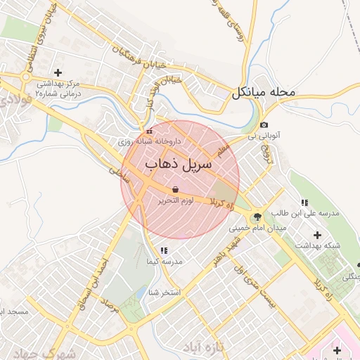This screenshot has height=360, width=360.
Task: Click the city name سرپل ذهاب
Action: [178, 166]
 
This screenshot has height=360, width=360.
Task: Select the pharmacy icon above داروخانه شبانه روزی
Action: [148, 131]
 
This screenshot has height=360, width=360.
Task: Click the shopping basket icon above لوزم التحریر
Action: [175, 189]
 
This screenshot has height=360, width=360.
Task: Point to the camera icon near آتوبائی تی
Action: [264, 124]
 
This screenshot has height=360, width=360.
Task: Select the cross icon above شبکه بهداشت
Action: [317, 235]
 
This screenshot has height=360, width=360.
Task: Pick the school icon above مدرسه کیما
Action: [164, 250]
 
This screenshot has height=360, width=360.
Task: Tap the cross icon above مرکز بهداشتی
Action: [58, 72]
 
